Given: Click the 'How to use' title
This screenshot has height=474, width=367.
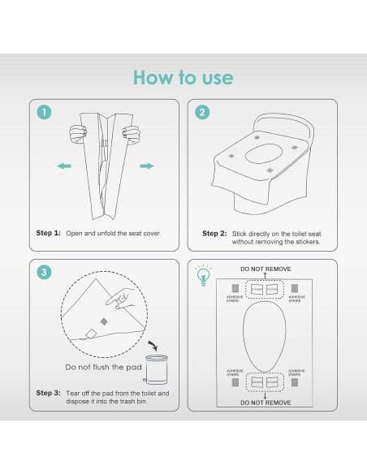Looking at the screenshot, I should pyautogui.click(x=183, y=78).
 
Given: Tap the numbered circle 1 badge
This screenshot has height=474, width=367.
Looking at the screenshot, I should pyautogui.click(x=45, y=113).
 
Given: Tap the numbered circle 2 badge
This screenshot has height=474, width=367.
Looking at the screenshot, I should pyautogui.click(x=201, y=113).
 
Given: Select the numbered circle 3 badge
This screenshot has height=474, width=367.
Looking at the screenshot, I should pyautogui.click(x=45, y=273).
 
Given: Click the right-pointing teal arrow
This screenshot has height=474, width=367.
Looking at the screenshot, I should pyautogui.click(x=146, y=166).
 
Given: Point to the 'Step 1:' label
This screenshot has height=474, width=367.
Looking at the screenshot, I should pyautogui.click(x=48, y=233).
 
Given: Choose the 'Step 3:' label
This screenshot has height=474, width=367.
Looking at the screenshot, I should pyautogui.click(x=48, y=393).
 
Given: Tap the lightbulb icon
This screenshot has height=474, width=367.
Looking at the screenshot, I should pyautogui.click(x=201, y=274).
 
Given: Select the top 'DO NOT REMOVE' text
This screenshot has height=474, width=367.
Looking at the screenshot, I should pyautogui.click(x=265, y=268).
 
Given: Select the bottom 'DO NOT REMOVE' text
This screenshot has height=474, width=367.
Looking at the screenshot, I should pyautogui.click(x=265, y=401).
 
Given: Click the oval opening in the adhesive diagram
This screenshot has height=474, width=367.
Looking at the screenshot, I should pyautogui.click(x=265, y=334).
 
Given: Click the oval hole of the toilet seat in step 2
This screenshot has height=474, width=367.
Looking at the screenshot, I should pyautogui.click(x=264, y=152).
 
